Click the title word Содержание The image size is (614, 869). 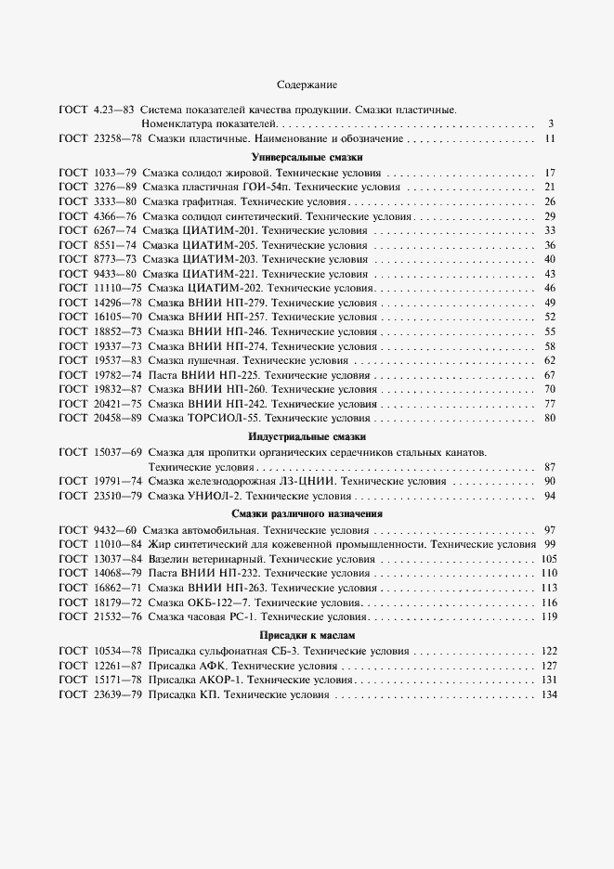tap(307, 84)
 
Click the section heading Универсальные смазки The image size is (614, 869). tap(307, 157)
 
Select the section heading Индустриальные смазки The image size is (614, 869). tap(307, 436)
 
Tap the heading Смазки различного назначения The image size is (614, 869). tap(307, 513)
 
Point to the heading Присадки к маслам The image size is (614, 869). tap(307, 635)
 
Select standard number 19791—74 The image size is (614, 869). tap(117, 482)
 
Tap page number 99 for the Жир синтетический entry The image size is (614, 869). tap(549, 544)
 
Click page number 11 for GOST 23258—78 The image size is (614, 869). tap(549, 138)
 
